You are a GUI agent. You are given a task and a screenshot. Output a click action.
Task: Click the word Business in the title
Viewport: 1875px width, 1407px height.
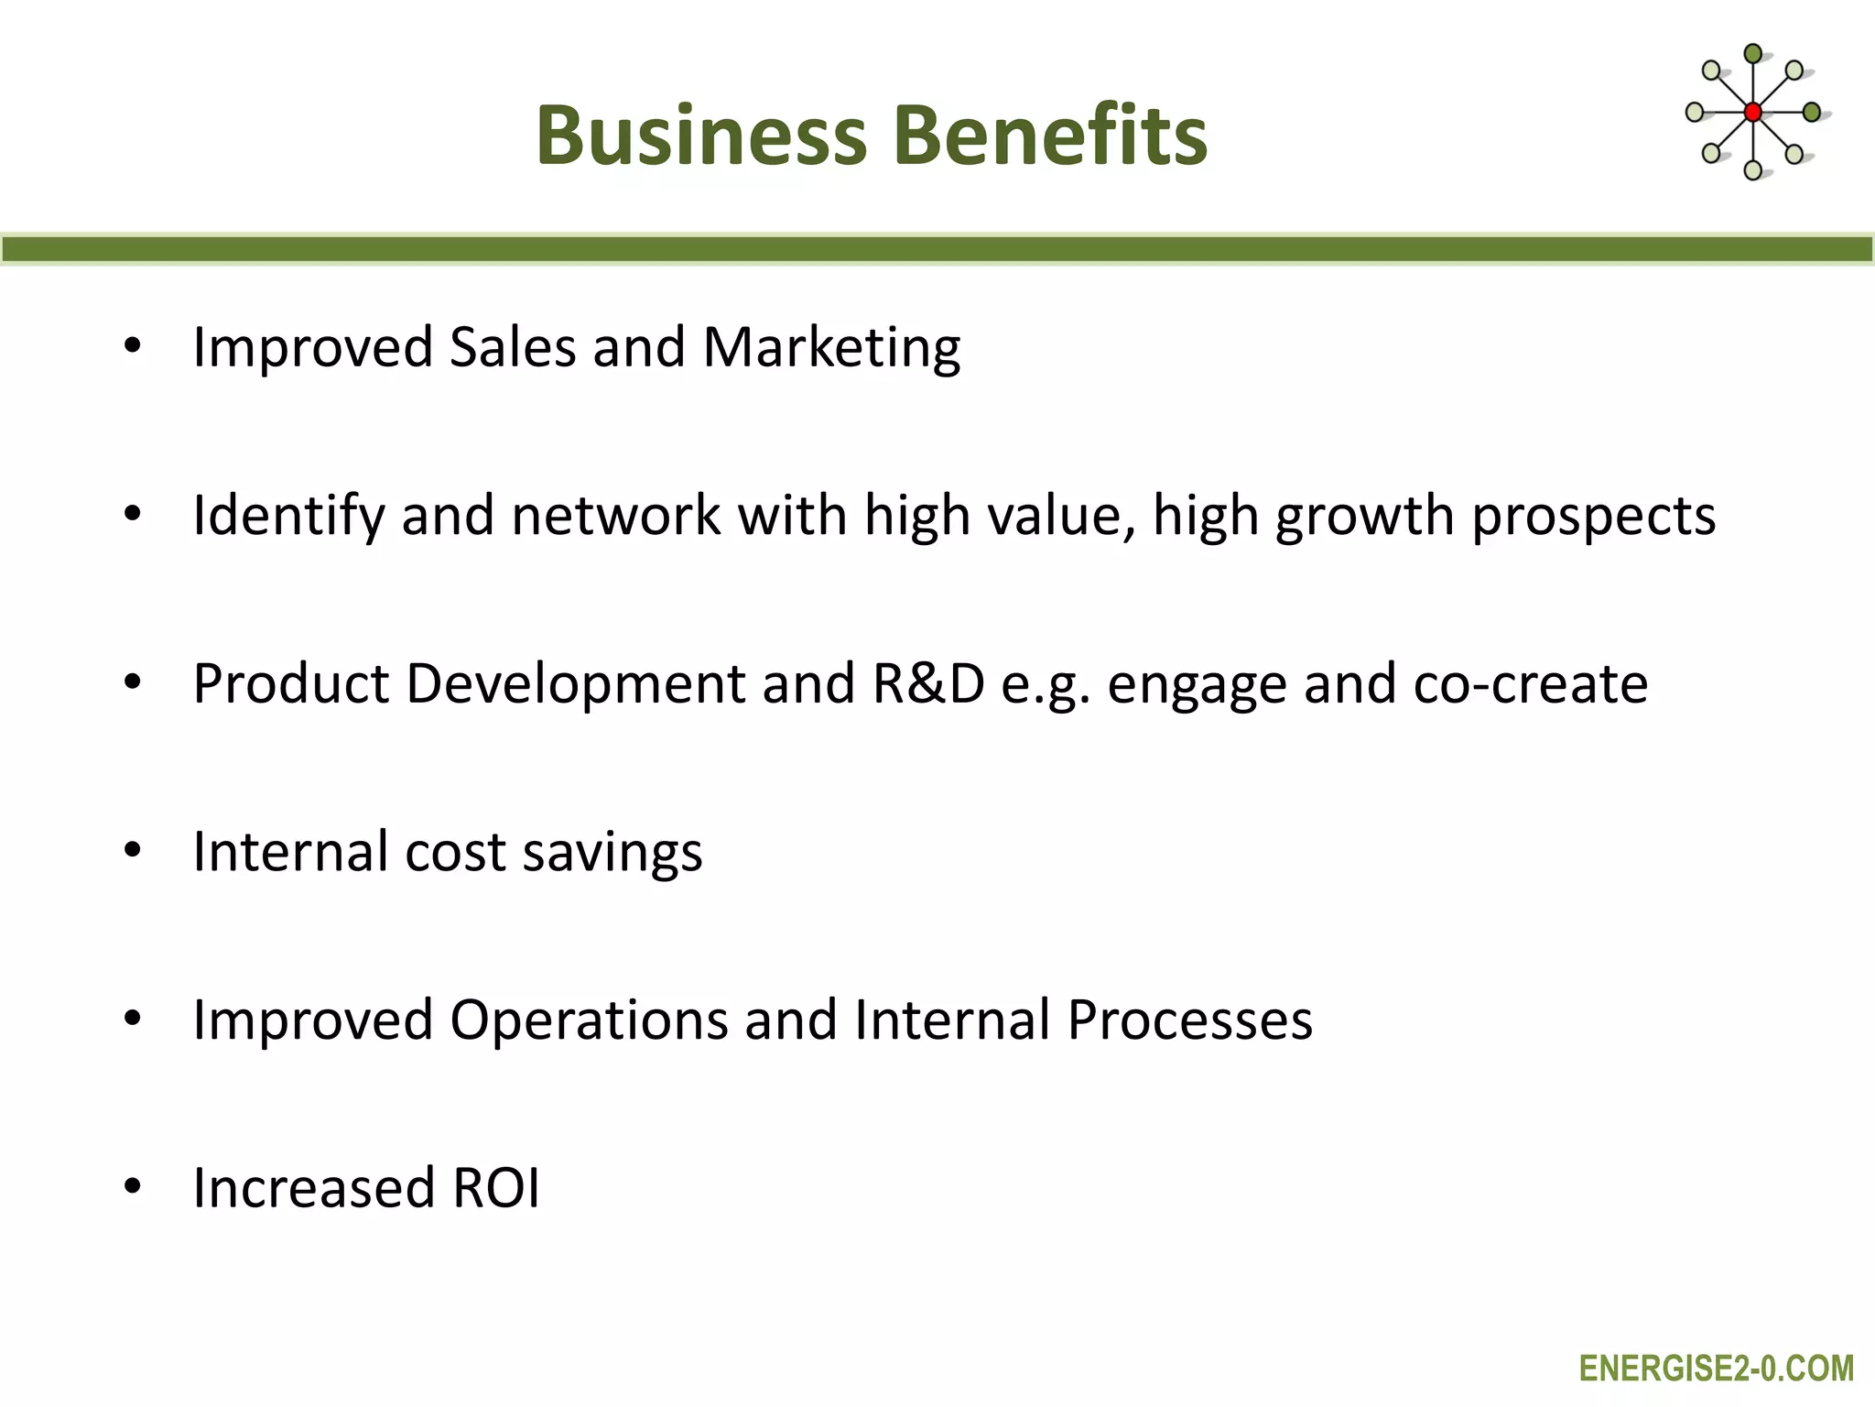[701, 136]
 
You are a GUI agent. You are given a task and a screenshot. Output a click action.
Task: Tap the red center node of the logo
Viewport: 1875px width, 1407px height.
[1753, 113]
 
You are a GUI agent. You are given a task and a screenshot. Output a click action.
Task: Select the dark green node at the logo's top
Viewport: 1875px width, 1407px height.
[1753, 54]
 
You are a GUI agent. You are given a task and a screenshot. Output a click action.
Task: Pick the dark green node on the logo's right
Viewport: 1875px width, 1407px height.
[1811, 113]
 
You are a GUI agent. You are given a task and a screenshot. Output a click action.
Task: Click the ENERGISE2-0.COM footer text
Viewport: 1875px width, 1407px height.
[1717, 1369]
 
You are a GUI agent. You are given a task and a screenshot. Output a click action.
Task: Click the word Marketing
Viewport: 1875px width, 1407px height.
[831, 348]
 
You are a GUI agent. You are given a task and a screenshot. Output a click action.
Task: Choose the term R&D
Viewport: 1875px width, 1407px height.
[928, 684]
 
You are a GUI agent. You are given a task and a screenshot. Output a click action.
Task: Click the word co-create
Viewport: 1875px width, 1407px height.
[1531, 684]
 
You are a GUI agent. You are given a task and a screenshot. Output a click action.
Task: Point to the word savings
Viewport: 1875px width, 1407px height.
[612, 853]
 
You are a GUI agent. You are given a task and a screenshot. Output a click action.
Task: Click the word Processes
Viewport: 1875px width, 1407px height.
[1189, 1020]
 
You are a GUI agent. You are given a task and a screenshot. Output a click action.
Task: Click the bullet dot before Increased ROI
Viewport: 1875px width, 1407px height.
[133, 1187]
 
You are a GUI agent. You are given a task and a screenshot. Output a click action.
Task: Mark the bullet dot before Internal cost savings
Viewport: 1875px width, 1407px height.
[133, 851]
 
